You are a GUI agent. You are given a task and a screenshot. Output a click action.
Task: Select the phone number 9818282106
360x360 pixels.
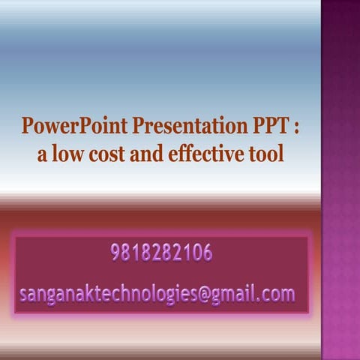[160, 253]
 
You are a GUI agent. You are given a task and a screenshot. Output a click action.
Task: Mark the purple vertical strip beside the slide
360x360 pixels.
[340, 180]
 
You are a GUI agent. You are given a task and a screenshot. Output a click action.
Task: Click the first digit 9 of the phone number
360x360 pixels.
[115, 253]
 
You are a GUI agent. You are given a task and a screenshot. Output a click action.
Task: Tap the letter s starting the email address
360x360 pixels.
[23, 293]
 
